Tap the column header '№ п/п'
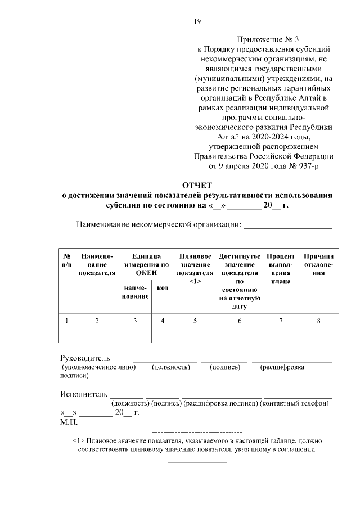tap(66, 260)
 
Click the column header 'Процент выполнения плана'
tap(280, 268)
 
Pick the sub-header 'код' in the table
tap(163, 288)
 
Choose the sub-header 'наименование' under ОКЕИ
tap(134, 292)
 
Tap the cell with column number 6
tap(239, 321)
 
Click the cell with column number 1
tap(66, 321)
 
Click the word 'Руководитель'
tap(85, 358)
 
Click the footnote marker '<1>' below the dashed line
tap(79, 441)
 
